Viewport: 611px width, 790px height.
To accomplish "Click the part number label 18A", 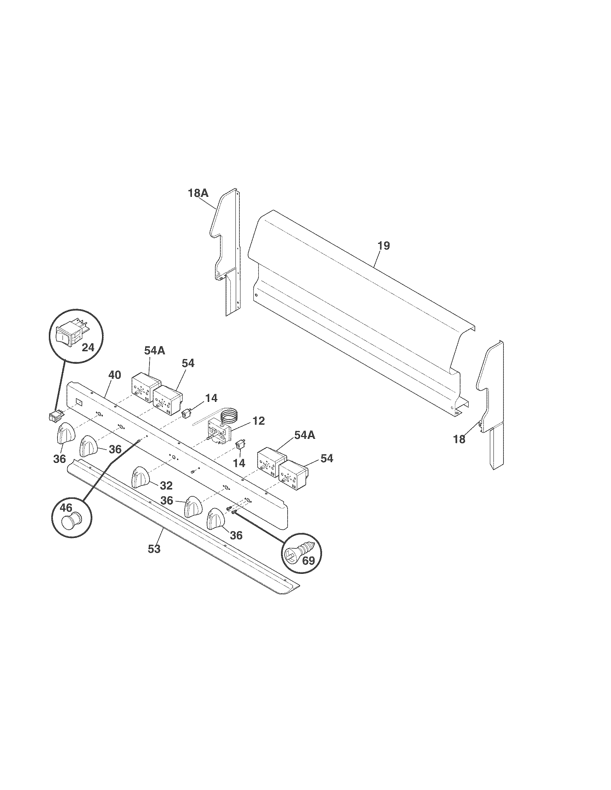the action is pos(198,193).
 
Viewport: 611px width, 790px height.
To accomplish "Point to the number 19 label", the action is pos(384,246).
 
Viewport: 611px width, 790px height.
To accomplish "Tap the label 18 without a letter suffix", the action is pos(459,440).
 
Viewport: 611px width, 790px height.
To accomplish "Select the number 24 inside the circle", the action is pos(88,348).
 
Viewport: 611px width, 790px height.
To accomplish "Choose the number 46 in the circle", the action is pos(66,508).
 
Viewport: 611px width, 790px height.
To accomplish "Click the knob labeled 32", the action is pos(141,477).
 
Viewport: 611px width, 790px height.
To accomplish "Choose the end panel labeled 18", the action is pos(491,405).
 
